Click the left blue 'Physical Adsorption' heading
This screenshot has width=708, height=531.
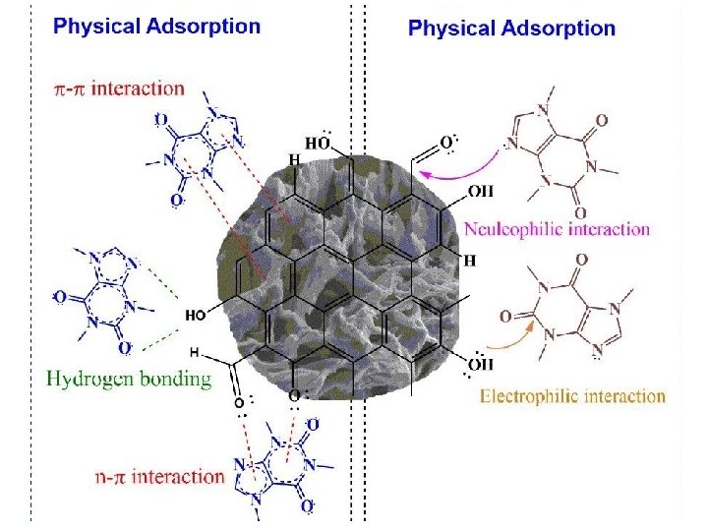(x=156, y=26)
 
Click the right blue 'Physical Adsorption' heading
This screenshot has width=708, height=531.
(x=511, y=29)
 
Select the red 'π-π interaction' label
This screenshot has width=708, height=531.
(x=118, y=88)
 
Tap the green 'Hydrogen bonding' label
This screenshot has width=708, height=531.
(x=129, y=379)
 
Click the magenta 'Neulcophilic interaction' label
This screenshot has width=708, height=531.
(x=557, y=229)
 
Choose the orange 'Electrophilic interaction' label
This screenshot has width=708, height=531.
(x=572, y=396)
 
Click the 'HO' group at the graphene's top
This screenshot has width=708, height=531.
(x=317, y=143)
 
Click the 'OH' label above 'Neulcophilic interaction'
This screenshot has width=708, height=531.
(x=481, y=191)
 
